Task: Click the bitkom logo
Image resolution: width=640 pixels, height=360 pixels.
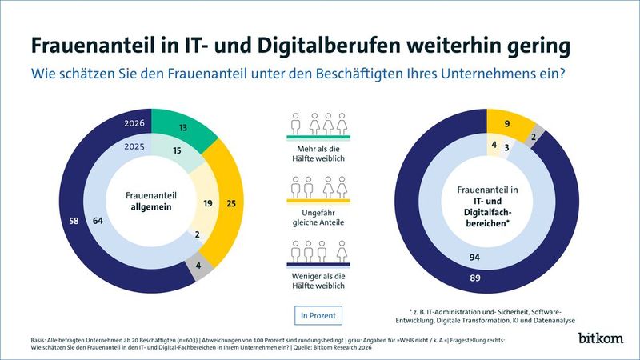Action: [x=599, y=338]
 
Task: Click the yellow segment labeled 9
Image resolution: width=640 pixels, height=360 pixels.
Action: [x=507, y=124]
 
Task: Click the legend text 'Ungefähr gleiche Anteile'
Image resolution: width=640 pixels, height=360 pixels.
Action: [x=319, y=216]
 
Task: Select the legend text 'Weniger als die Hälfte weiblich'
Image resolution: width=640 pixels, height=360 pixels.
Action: [x=319, y=280]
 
